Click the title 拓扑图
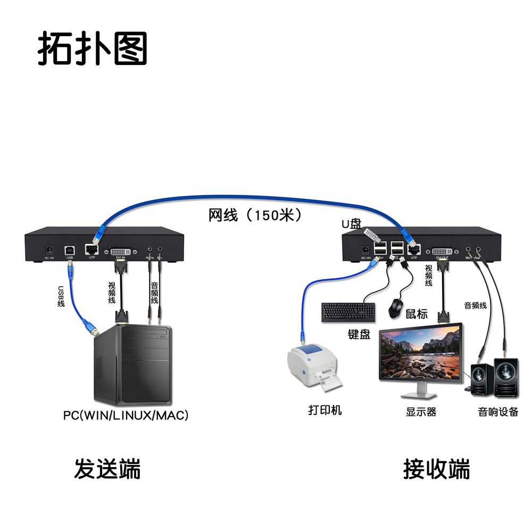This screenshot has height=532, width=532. (92, 49)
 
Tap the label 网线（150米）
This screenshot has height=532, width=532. (255, 215)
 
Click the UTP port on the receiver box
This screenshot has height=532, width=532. (413, 249)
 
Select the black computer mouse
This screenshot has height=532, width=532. (396, 308)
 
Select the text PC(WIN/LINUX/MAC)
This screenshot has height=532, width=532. (126, 415)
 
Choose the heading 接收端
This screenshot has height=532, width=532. (436, 469)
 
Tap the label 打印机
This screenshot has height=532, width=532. (325, 410)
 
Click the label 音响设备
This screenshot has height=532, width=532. (498, 411)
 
